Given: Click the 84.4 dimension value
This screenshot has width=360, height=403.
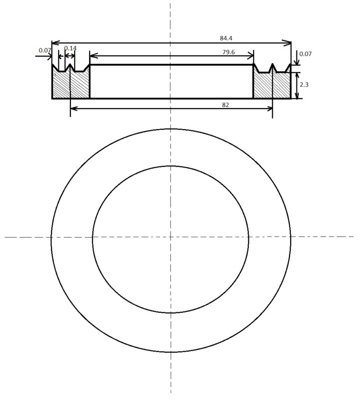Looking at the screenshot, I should [226, 38].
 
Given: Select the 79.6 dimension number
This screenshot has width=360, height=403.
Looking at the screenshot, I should [228, 52].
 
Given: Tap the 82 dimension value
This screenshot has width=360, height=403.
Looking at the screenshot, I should [225, 105].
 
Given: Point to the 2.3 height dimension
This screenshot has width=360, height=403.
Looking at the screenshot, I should [304, 84].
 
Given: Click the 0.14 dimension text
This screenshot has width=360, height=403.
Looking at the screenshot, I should [70, 48].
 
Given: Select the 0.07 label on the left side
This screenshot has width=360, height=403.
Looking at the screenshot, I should [45, 50].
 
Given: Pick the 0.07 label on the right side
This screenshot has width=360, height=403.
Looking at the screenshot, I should [305, 54].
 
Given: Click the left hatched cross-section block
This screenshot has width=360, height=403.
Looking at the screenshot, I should [71, 85].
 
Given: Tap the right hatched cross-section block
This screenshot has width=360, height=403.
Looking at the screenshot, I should [271, 86].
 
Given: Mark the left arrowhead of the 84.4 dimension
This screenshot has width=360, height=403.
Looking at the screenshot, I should [54, 43].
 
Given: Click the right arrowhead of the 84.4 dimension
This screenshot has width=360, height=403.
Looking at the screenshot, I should [288, 43].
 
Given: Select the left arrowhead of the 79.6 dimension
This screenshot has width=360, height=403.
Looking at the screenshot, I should [92, 56].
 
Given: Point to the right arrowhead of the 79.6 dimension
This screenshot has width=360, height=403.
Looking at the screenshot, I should [251, 56].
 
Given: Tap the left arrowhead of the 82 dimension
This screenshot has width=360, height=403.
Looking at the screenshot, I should [73, 108].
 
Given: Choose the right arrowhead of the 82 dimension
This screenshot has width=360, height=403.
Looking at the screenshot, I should [270, 108].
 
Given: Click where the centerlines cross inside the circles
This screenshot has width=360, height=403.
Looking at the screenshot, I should [171, 237].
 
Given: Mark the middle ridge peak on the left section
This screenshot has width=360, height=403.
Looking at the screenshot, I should [70, 65].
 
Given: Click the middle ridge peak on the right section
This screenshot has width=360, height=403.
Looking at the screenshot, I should [272, 65].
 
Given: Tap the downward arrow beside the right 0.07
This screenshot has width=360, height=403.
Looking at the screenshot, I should [297, 62].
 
